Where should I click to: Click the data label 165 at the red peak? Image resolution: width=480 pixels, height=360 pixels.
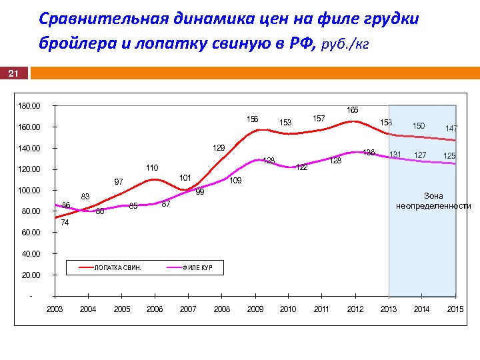tap(353, 109)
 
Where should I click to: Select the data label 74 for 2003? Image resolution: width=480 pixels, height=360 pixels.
tap(65, 223)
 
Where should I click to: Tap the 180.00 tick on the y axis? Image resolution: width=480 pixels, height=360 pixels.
tap(29, 106)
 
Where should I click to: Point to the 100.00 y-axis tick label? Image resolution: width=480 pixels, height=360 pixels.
tap(29, 191)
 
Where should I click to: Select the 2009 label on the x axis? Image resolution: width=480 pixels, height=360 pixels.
tap(255, 309)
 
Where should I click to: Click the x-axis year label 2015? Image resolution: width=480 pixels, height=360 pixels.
tap(455, 309)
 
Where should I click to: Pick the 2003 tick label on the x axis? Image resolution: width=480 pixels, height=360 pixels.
tap(55, 309)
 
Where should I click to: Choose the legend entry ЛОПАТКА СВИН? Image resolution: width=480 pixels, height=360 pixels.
tap(118, 268)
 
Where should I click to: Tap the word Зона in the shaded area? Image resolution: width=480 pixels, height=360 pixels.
tap(433, 196)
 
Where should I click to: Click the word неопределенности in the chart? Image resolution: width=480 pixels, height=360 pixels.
tap(433, 206)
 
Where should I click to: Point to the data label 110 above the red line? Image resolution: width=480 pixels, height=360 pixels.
tap(152, 168)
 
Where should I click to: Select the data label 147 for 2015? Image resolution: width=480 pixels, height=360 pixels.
tap(451, 128)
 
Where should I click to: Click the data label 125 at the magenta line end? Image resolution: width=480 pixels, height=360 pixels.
tap(449, 156)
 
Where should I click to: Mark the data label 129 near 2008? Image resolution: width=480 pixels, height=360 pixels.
tap(219, 147)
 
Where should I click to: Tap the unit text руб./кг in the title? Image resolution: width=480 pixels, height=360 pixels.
tap(345, 45)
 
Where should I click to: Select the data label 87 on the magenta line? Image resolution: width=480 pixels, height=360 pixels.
tap(166, 204)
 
